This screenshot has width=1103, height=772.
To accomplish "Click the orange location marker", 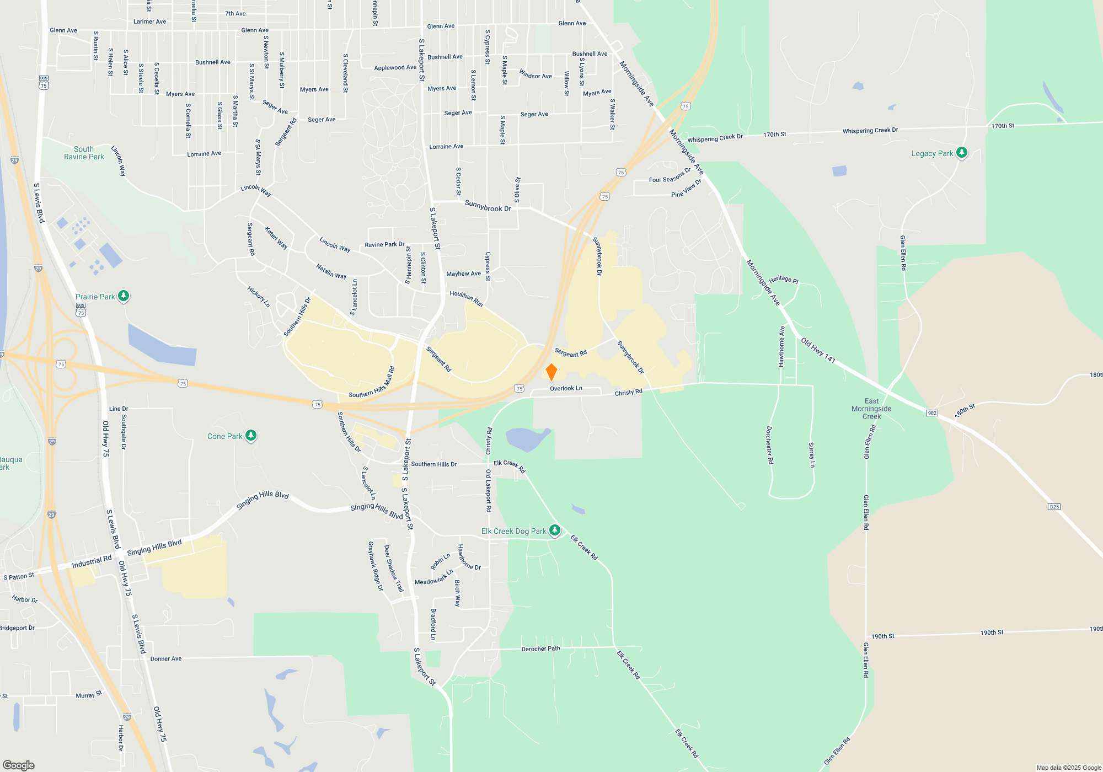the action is tap(551, 372).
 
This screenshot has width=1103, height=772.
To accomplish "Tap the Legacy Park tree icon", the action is tap(962, 153).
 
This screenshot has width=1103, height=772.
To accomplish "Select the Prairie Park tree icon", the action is tap(124, 296).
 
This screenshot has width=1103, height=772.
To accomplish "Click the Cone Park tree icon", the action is tap(251, 436).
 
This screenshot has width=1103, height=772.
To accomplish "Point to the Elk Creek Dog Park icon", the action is tap(555, 530).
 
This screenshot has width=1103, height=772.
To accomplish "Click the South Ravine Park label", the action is tap(84, 153).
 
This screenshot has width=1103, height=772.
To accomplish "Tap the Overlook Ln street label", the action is tap(566, 389).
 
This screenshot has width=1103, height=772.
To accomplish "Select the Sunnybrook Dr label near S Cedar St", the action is tap(488, 206).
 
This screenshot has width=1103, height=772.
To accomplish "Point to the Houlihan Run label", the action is tap(466, 298).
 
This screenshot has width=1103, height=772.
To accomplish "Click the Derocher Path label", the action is tap(540, 649).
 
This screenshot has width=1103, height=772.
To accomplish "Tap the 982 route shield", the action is tap(932, 413).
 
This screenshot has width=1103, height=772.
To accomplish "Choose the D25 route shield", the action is tap(1054, 507).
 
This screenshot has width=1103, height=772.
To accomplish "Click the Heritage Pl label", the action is tap(784, 280).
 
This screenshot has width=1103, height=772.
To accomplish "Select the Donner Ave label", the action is tap(165, 659).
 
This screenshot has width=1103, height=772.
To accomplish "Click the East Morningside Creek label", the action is tap(871, 409).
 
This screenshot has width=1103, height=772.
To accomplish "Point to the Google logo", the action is tap(19, 765).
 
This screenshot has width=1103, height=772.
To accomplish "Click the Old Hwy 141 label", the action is tap(818, 350).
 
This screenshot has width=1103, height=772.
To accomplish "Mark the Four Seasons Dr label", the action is tap(670, 176).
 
